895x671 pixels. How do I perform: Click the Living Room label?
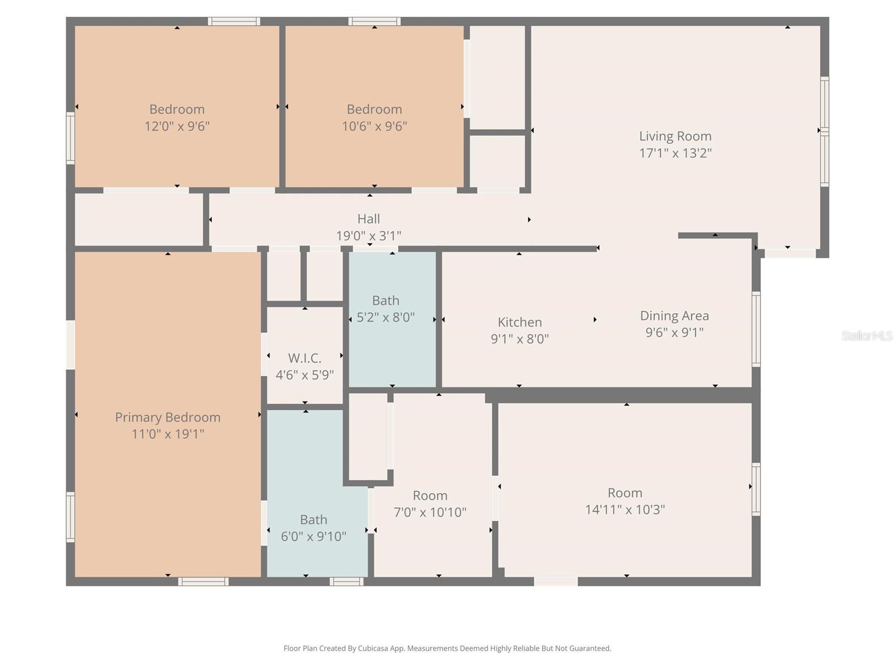[x=675, y=136]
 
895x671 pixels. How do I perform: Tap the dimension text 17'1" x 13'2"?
[x=675, y=153]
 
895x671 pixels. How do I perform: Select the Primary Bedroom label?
[x=167, y=417]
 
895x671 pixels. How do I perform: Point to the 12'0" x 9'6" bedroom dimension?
[x=177, y=126]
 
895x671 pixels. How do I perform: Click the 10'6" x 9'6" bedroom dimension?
[x=374, y=126]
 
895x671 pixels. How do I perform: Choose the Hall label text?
[x=369, y=219]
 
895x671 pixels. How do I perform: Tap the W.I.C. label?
[x=304, y=358]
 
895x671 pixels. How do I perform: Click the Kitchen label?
[x=520, y=322]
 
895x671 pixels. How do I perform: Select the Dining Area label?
[x=674, y=315]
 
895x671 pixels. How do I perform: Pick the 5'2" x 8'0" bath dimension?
[x=385, y=317]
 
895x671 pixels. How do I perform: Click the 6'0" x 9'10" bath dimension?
[x=313, y=536]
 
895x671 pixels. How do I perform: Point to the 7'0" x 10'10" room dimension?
[x=430, y=512]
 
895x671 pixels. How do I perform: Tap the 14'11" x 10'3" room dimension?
[x=625, y=509]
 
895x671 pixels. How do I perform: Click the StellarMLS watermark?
[x=866, y=335]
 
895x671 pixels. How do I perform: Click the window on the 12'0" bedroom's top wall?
[x=234, y=21]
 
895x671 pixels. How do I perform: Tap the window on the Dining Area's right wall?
[x=756, y=329]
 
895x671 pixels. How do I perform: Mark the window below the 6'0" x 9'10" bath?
[x=346, y=582]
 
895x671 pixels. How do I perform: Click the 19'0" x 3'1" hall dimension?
[x=369, y=235]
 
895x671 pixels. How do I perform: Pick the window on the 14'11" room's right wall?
[x=756, y=489]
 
